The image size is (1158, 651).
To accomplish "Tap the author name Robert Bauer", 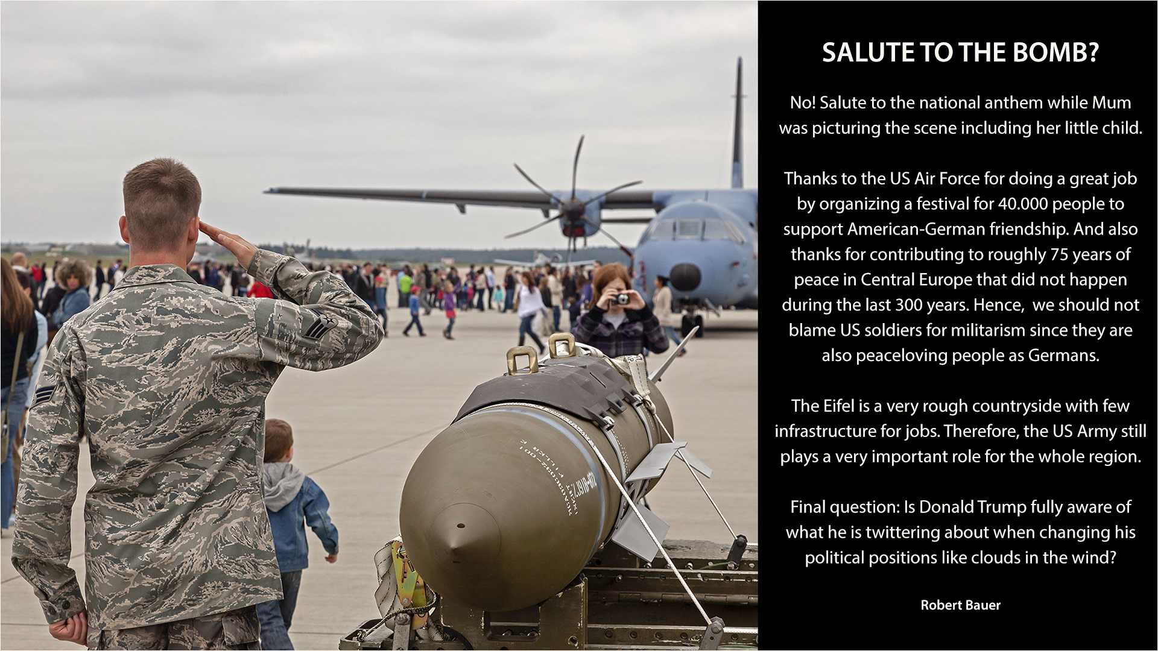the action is click(x=960, y=605).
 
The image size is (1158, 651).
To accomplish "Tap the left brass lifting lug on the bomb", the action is click(x=522, y=360).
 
